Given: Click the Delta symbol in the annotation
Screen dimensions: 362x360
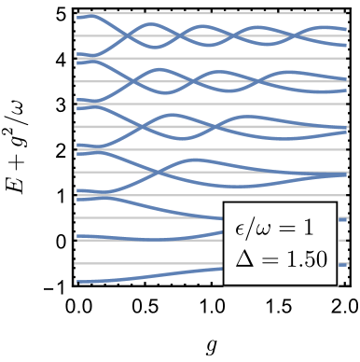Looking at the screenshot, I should click(x=244, y=258).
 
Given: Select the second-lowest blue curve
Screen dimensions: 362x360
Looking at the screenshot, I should click(x=140, y=239).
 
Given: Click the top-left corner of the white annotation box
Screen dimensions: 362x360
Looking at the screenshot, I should click(x=225, y=201).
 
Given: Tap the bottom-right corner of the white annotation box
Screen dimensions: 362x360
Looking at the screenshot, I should click(x=337, y=285).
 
